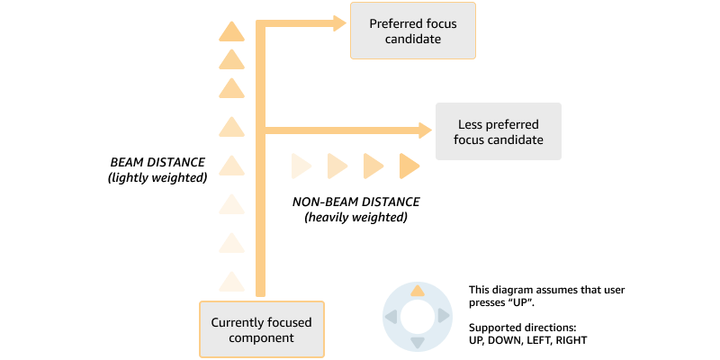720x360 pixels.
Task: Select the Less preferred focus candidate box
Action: coord(499,131)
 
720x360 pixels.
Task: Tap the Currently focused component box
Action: coord(261,329)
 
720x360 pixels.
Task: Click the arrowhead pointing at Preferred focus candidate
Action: coord(340,22)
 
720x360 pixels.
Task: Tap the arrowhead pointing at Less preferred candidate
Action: coord(426,130)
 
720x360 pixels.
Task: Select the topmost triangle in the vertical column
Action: coord(232,31)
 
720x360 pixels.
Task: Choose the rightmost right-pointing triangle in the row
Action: coord(409,166)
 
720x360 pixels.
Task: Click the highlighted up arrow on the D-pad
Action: coord(417,292)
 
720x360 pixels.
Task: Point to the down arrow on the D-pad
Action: coord(417,342)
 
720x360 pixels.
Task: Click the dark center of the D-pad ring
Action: coord(417,317)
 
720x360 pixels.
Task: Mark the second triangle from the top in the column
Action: coord(232,59)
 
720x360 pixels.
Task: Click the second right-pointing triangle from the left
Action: coord(337,166)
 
